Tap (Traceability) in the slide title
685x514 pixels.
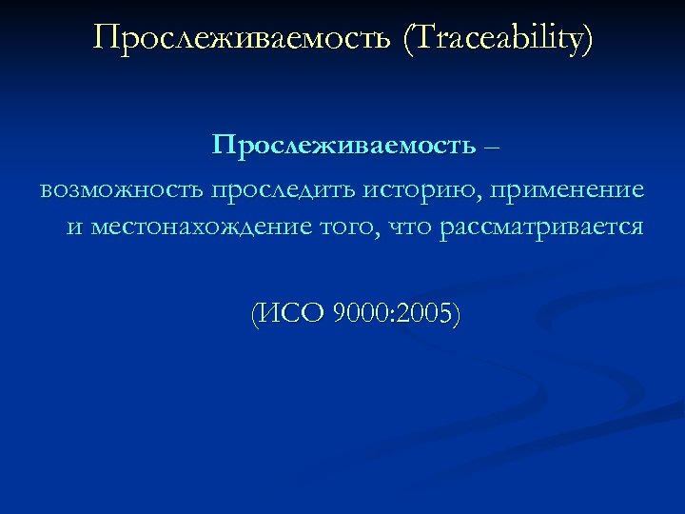pos(499,39)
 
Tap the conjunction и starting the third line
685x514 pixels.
pos(74,229)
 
